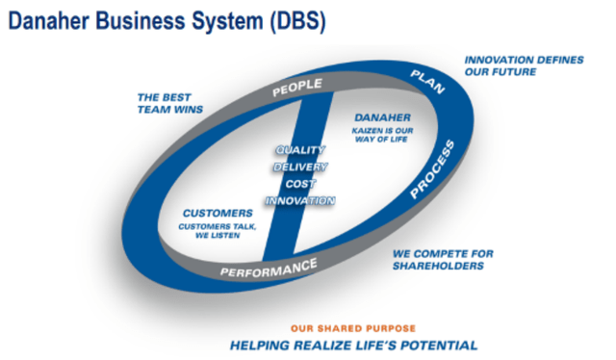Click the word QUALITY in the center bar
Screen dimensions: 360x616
[x=300, y=150]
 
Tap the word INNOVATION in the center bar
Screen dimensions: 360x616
[x=300, y=200]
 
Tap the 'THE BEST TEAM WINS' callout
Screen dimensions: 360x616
[x=168, y=103]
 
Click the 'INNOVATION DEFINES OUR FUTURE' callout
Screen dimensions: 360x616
[x=524, y=66]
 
